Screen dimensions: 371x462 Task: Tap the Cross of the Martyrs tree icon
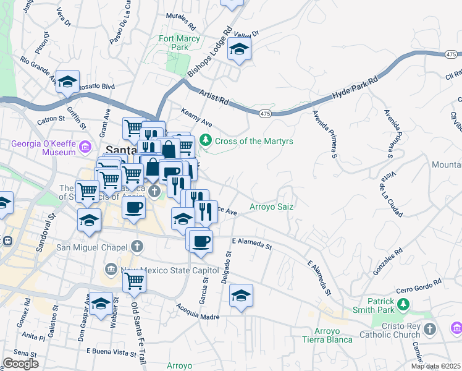[208, 140]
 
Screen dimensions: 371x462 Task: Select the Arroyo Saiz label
[271, 207]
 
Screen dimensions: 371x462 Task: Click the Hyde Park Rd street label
[355, 89]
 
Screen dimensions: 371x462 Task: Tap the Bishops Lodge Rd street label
[210, 53]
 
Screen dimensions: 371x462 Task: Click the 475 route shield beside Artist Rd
[265, 114]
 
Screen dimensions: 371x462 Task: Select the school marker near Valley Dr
[239, 49]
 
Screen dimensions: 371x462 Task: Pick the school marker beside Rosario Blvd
[68, 82]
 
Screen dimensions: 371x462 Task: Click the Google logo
[20, 363]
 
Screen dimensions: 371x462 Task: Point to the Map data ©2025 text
[436, 366]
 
